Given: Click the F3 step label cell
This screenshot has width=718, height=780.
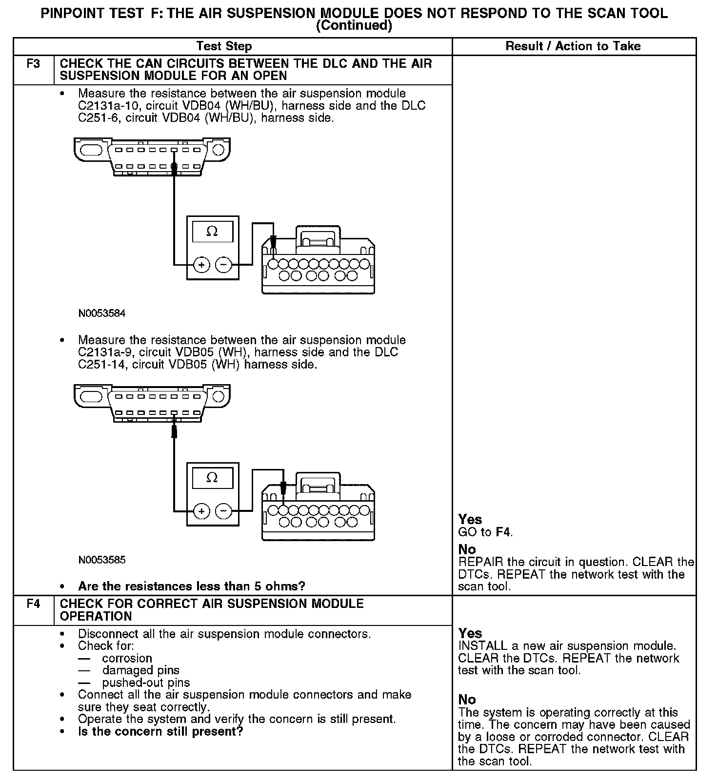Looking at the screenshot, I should click(x=33, y=64).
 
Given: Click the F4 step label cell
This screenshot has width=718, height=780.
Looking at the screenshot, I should click(x=33, y=604).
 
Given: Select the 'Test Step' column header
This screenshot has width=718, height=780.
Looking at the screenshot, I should click(x=224, y=46).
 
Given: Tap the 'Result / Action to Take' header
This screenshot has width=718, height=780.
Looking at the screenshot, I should click(x=573, y=46).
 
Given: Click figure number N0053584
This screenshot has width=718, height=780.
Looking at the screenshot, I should click(x=102, y=313).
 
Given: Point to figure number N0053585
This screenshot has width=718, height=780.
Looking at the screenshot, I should click(x=102, y=560).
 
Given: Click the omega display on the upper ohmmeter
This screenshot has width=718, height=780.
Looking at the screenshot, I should click(x=212, y=231).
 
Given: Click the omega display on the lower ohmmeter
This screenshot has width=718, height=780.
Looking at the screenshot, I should click(x=212, y=478).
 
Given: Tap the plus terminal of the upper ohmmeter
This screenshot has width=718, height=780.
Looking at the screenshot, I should click(x=201, y=265).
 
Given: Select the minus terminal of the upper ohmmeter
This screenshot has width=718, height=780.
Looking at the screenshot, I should click(x=223, y=265).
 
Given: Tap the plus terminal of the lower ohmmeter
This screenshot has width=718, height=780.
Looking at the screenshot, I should click(x=201, y=511).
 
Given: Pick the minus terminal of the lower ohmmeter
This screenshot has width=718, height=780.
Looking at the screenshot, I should click(x=223, y=511).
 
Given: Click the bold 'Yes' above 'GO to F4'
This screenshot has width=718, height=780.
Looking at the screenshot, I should click(x=470, y=520).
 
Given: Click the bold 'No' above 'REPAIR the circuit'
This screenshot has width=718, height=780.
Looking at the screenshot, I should click(x=467, y=550).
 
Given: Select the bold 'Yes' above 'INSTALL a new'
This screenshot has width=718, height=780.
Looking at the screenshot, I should click(x=470, y=633).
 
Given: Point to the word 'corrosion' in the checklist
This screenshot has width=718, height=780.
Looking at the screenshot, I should click(x=127, y=658).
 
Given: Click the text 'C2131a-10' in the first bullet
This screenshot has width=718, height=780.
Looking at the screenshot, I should click(x=108, y=106).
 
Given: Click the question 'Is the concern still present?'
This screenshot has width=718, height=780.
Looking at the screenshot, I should click(x=160, y=732).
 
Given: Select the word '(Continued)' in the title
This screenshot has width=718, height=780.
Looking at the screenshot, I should click(x=354, y=26).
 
